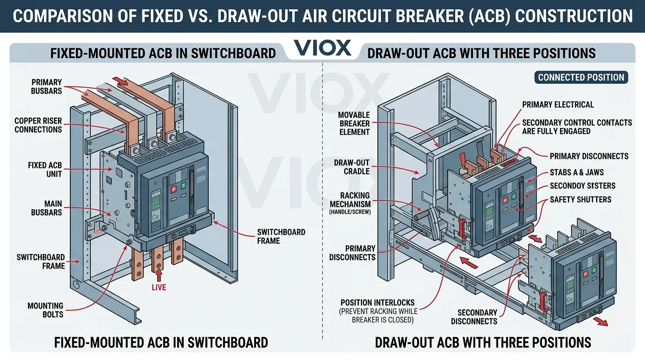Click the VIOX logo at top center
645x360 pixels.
tap(322, 48)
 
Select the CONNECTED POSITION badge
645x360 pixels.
tap(581, 78)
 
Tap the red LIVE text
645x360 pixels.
tap(159, 287)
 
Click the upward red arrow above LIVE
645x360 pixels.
tap(159, 274)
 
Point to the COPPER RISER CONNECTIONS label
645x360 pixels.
tap(38, 125)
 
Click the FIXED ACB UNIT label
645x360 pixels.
tap(45, 170)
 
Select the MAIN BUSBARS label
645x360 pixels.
tap(46, 208)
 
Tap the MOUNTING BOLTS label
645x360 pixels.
tap(45, 310)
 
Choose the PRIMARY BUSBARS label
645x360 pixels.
tap(46, 87)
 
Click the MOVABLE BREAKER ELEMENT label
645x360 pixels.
tap(354, 123)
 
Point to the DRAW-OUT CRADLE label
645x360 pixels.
tap(352, 167)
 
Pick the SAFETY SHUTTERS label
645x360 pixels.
tap(580, 200)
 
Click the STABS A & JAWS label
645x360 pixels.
tap(577, 172)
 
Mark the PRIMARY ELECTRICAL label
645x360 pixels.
tap(558, 105)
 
